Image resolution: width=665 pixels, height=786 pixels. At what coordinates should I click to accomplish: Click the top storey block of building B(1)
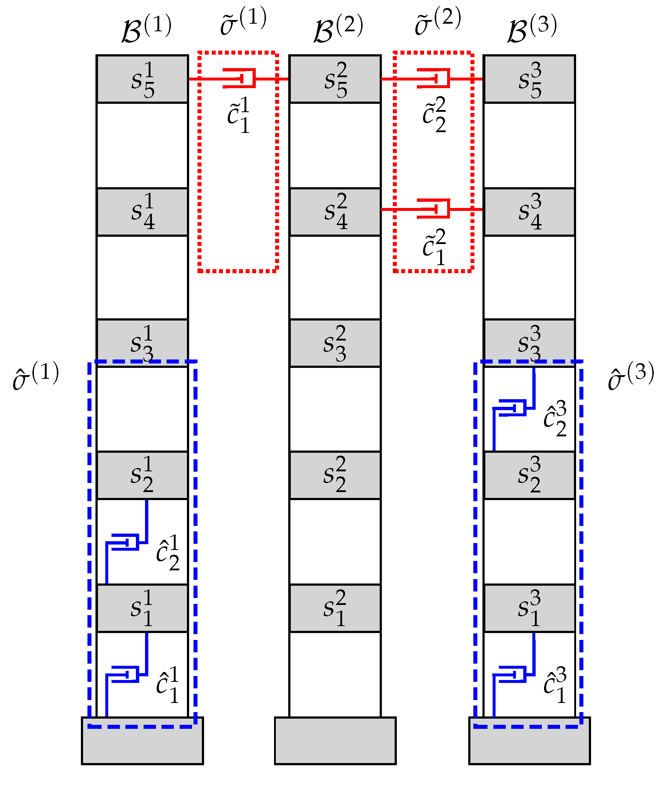pyautogui.click(x=142, y=79)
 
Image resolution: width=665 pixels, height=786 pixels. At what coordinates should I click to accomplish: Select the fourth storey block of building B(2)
pyautogui.click(x=335, y=212)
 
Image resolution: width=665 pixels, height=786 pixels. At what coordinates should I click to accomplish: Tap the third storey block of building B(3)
pyautogui.click(x=529, y=343)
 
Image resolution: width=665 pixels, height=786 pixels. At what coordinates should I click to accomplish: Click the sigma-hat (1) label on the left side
pyautogui.click(x=36, y=376)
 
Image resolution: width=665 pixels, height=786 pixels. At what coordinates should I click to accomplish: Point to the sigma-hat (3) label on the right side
pyautogui.click(x=631, y=376)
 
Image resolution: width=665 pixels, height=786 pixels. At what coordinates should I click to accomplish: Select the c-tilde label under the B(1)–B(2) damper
pyautogui.click(x=239, y=115)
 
